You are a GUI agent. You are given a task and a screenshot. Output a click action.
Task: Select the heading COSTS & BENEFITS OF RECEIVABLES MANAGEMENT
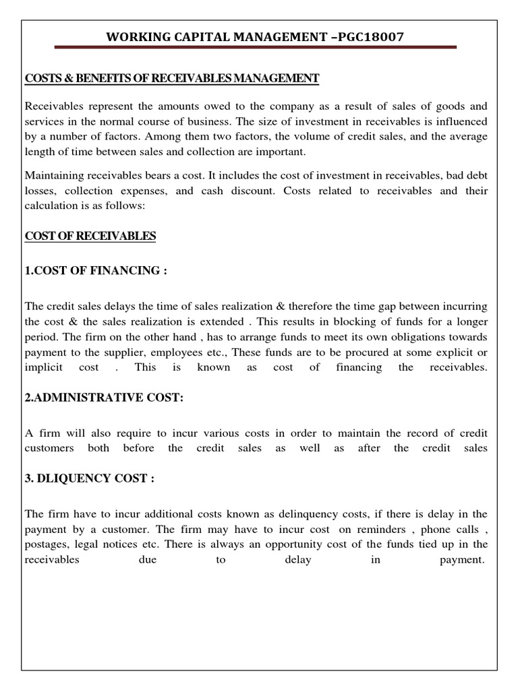[171, 79]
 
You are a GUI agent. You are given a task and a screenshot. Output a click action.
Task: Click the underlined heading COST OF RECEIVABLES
[90, 236]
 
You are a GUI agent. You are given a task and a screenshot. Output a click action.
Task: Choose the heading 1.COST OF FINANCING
[95, 271]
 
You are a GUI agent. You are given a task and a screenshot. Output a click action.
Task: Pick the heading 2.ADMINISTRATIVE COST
[104, 398]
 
